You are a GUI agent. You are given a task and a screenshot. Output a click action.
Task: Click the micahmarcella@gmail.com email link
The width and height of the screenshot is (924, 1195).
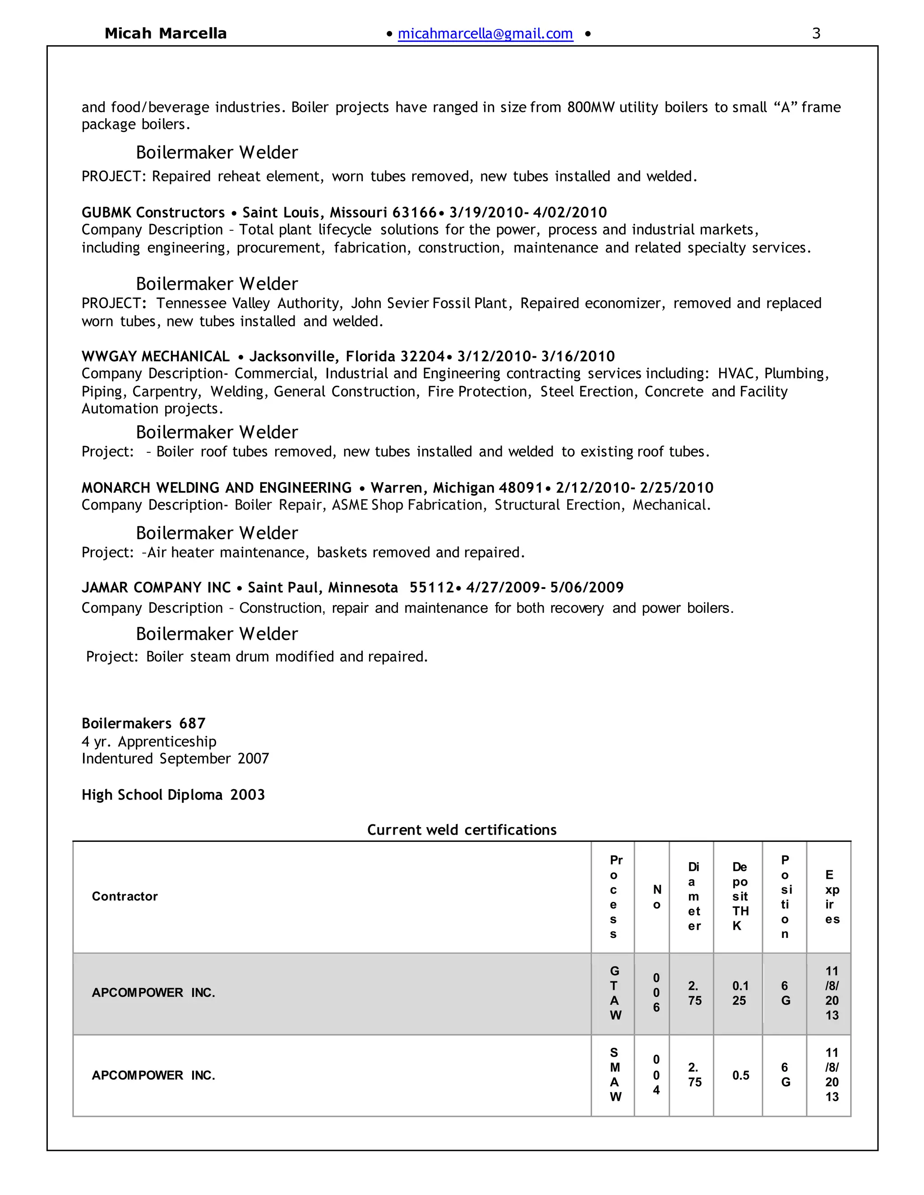pyautogui.click(x=485, y=34)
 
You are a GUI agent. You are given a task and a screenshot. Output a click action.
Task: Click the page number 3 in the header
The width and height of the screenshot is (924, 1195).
pyautogui.click(x=816, y=34)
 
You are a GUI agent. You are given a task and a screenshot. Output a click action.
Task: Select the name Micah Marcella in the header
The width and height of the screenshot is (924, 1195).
pyautogui.click(x=165, y=34)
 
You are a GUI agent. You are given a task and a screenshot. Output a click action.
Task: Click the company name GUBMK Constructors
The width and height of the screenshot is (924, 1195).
pyautogui.click(x=153, y=212)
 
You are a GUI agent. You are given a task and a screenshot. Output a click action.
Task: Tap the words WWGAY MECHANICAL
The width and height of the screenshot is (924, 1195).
pyautogui.click(x=156, y=357)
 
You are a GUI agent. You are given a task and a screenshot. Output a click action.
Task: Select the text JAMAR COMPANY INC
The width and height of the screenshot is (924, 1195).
pyautogui.click(x=156, y=588)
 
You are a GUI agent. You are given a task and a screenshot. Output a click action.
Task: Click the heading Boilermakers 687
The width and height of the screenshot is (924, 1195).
pyautogui.click(x=143, y=723)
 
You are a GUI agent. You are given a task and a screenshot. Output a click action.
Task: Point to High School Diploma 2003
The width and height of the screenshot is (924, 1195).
pyautogui.click(x=173, y=795)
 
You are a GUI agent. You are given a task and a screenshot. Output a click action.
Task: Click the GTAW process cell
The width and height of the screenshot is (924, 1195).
pyautogui.click(x=615, y=993)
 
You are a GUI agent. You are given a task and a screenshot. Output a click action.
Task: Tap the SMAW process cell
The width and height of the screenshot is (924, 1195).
pyautogui.click(x=615, y=1075)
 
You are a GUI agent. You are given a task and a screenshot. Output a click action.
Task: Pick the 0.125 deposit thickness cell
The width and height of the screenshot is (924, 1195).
pyautogui.click(x=739, y=993)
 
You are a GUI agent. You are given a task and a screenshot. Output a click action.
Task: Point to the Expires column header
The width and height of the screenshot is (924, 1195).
pyautogui.click(x=831, y=896)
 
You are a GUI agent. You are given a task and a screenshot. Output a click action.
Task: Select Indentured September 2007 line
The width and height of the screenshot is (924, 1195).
pyautogui.click(x=175, y=758)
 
